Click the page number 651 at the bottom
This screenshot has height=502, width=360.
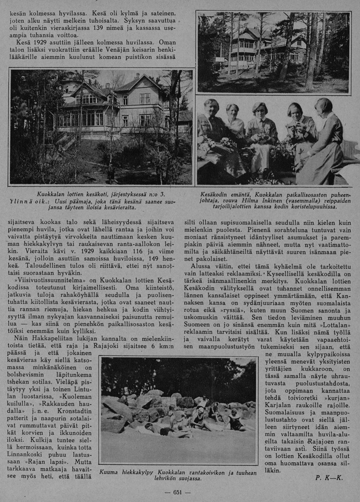pyautogui.click(x=178, y=492)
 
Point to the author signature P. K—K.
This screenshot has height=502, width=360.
pyautogui.click(x=329, y=477)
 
